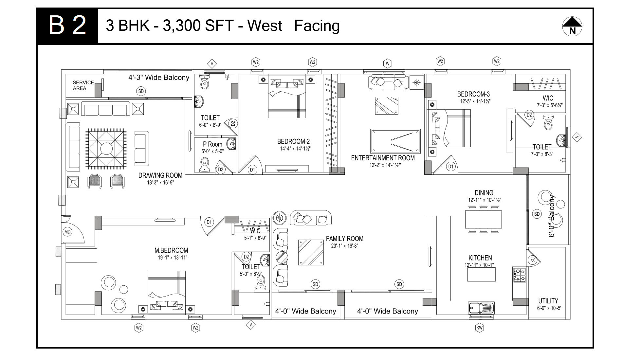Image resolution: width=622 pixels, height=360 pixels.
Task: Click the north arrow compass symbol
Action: pos(572,26)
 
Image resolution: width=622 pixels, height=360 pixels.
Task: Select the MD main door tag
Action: pos(67,232)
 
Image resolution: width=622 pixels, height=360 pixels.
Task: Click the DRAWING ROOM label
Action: pos(160,175)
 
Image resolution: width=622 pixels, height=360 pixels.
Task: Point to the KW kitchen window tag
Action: pos(480,328)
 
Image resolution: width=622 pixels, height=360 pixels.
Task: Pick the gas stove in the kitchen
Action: pos(520,275)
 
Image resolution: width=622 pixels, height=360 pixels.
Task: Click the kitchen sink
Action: pos(481,308)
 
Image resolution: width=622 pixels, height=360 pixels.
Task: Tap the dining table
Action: pos(484,219)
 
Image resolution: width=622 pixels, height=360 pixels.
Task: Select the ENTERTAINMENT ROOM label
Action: pos(383,158)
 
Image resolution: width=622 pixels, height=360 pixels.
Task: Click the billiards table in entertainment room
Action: pos(395,141)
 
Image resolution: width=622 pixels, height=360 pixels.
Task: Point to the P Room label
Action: pos(212,144)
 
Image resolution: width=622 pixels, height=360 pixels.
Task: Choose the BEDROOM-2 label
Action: pos(293,141)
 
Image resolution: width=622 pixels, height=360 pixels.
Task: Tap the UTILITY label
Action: pos(548,301)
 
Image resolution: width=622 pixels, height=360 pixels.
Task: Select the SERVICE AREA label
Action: pos(83,85)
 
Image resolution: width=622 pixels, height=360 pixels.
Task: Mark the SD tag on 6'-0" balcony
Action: pos(537,214)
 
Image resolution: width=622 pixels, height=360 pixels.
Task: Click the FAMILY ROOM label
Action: pos(344,239)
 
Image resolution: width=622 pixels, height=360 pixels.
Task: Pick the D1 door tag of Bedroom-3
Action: pos(451,167)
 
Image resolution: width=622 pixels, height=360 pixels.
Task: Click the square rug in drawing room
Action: pos(106,149)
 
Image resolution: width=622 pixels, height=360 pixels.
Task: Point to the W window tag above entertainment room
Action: pos(388,63)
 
